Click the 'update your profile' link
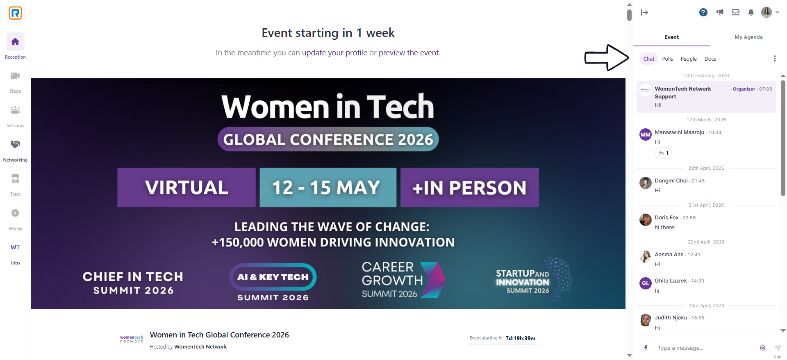[334, 53]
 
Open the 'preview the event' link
[409, 53]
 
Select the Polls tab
[667, 59]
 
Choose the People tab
[689, 59]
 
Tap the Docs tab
[710, 59]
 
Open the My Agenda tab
[748, 37]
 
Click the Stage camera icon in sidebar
[15, 76]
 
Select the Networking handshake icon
[15, 144]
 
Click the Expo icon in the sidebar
[15, 179]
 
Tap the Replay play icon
[15, 213]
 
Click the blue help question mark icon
[703, 12]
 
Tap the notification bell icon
[751, 12]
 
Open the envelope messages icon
[735, 12]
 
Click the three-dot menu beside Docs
[775, 59]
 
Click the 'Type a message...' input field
[705, 348]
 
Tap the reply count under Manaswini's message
[664, 153]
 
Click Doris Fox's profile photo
[646, 220]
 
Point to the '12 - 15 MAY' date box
[328, 187]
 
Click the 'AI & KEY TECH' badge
[273, 277]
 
